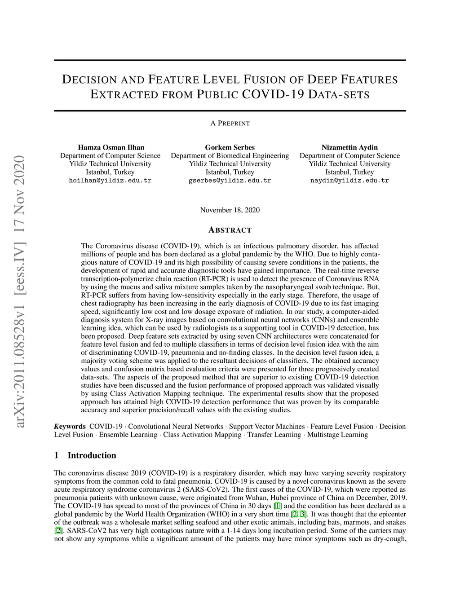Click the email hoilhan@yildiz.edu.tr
point(110,181)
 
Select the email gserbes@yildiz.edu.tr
point(230,181)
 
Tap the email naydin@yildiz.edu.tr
point(349,181)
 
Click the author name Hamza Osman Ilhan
point(111,147)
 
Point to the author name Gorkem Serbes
point(230,147)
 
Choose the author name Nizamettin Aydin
point(349,147)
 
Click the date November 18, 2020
point(230,210)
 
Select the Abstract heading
point(230,230)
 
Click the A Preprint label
point(230,123)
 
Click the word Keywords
point(70,426)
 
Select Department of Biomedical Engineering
point(230,155)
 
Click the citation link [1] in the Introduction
point(278,506)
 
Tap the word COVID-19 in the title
point(273,94)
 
